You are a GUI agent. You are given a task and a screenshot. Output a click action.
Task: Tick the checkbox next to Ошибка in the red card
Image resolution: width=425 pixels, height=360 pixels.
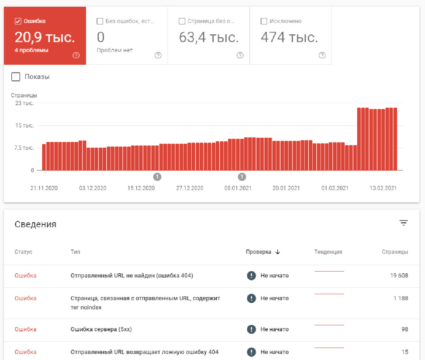coord(18,21)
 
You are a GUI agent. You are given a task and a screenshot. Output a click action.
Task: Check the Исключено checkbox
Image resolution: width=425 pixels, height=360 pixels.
coord(264,21)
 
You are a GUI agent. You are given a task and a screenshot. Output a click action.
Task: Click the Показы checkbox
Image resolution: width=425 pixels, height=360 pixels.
coord(16,77)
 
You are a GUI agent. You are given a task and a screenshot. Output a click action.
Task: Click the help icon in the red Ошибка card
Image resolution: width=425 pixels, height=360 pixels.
coord(76,55)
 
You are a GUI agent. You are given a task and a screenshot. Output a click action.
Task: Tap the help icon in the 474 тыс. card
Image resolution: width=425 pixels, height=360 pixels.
coord(322,55)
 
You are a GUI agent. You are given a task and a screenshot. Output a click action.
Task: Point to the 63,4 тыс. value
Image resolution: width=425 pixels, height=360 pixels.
coord(209,38)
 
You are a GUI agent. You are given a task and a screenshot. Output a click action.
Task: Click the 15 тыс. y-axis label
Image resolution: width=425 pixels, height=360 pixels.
coord(24,125)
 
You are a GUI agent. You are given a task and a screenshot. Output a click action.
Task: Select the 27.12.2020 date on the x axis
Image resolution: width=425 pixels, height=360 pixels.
coord(189,188)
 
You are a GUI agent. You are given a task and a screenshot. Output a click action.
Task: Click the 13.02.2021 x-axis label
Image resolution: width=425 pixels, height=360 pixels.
coord(383,188)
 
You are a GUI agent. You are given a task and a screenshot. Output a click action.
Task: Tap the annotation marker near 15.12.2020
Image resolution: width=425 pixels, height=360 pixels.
coord(157,177)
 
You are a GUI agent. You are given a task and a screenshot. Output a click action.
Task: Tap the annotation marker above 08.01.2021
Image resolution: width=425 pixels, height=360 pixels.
coord(242,177)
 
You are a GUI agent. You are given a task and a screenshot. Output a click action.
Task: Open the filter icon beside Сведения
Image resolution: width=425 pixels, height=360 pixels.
coord(403,223)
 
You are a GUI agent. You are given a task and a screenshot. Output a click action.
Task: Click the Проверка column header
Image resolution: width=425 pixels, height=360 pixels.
coord(259,252)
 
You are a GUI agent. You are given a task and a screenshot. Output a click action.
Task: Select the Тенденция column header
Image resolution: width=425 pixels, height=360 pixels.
coord(328,252)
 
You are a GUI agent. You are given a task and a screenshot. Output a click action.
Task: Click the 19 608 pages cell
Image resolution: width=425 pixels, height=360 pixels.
coord(399,275)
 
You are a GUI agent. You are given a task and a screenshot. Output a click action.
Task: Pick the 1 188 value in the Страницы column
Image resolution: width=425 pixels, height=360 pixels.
coord(401,298)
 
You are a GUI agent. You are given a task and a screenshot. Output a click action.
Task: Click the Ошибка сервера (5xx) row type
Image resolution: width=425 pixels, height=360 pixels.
coord(101,329)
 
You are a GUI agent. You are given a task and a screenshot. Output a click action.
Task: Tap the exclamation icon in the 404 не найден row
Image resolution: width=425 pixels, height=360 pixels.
coord(251,275)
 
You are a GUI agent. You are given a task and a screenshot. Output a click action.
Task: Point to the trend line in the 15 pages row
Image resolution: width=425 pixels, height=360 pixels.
coord(329,348)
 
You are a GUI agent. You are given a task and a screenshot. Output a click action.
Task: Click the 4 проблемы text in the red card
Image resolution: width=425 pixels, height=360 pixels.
coord(32,50)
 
